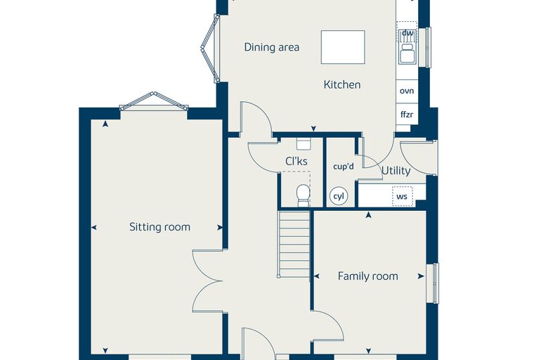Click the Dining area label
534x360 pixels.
pos(271,47)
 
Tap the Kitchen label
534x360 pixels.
pos(342,84)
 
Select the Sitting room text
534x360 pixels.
pos(159,227)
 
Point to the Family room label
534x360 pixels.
pos(367,276)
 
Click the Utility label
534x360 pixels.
pos(396,170)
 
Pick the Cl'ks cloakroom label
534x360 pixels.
pos(297,161)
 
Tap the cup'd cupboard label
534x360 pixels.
pos(344,167)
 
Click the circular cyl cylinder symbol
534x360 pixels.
pos(339,196)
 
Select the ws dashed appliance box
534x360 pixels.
pos(402,196)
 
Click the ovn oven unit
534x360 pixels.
pos(407,91)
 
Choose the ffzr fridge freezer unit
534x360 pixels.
pos(407,114)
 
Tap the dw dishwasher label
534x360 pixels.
pos(408,33)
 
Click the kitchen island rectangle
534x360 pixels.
pos(343,47)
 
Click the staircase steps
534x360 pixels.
pos(294,245)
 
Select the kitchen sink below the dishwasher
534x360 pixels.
pos(408,53)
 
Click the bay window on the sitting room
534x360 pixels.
pos(154,101)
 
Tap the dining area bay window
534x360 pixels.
pos(210,49)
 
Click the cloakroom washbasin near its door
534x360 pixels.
pos(304,143)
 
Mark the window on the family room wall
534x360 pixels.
pos(433,283)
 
